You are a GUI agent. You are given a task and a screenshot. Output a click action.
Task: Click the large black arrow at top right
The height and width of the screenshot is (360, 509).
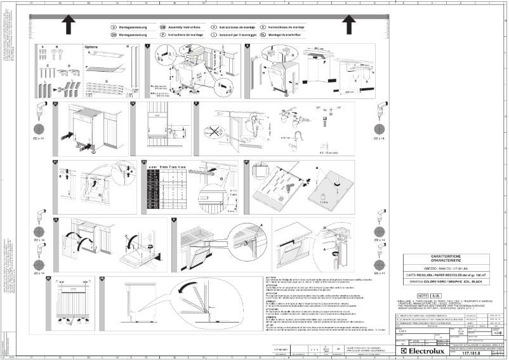click(348, 25)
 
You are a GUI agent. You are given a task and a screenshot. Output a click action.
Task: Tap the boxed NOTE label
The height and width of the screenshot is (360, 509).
click(422, 296)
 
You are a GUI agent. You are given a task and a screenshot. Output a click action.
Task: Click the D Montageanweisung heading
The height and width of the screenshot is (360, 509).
click(131, 29)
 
